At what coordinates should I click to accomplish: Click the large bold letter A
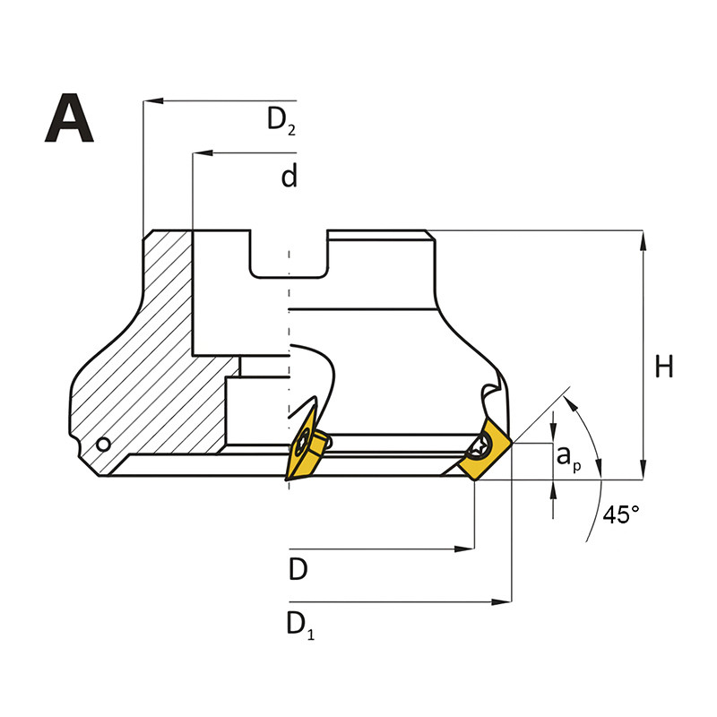click(x=69, y=119)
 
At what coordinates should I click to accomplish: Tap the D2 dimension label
click(x=281, y=120)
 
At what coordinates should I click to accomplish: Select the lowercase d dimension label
click(x=289, y=177)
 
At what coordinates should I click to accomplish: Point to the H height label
click(x=663, y=367)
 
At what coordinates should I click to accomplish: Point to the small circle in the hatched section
click(x=104, y=445)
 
